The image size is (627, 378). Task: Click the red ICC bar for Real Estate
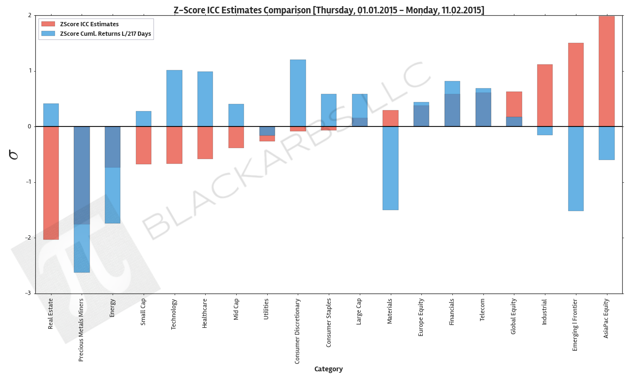pyautogui.click(x=51, y=183)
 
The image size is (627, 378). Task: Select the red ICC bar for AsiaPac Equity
pyautogui.click(x=606, y=72)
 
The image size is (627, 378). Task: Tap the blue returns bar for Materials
pyautogui.click(x=390, y=168)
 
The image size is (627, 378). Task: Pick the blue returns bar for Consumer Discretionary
pyautogui.click(x=298, y=93)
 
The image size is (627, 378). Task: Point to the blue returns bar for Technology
pyautogui.click(x=174, y=98)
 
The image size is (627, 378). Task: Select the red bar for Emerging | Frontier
pyautogui.click(x=575, y=85)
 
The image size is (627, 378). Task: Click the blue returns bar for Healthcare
pyautogui.click(x=205, y=99)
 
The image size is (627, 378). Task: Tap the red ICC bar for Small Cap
pyautogui.click(x=143, y=145)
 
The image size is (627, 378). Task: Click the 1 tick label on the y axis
pyautogui.click(x=30, y=71)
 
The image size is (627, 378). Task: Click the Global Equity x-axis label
pyautogui.click(x=514, y=316)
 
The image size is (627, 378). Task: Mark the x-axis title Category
pyautogui.click(x=328, y=369)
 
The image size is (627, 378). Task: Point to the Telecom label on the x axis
pyautogui.click(x=482, y=310)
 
